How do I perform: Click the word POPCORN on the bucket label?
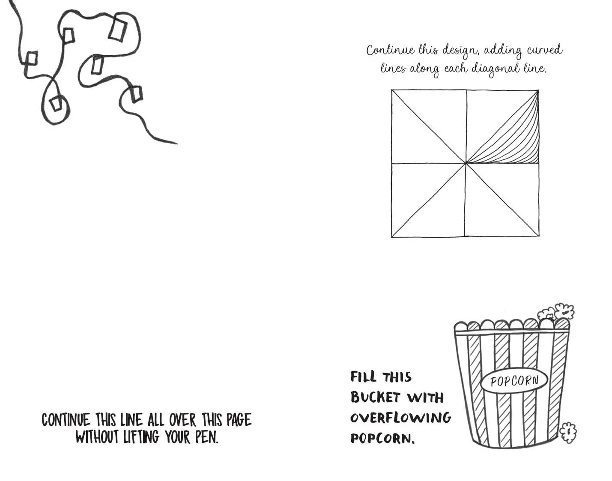514,381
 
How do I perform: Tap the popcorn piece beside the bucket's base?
568,433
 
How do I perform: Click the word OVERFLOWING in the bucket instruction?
400,418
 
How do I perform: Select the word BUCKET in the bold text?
375,397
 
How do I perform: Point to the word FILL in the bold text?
363,376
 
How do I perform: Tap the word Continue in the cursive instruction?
390,51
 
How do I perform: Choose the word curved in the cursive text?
544,50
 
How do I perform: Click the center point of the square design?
466,163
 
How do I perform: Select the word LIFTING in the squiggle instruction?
141,437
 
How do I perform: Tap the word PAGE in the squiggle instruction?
239,420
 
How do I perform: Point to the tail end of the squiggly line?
177,143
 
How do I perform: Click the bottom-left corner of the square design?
392,237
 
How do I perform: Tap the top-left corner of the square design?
391,90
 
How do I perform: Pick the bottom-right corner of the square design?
539,236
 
